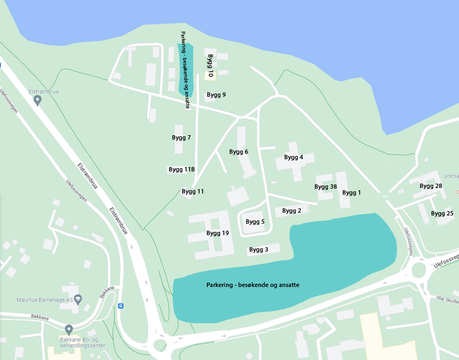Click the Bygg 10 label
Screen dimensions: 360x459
(x=210, y=66)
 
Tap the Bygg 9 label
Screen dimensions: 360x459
(x=216, y=95)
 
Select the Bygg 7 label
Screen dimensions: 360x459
(x=181, y=138)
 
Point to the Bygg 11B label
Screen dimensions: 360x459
(x=182, y=169)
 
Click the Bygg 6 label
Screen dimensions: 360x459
(x=239, y=152)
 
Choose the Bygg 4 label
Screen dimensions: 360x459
(x=294, y=157)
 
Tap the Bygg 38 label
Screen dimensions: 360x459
(x=326, y=187)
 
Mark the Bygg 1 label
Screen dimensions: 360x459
(x=351, y=193)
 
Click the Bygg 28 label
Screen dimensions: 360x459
(x=431, y=186)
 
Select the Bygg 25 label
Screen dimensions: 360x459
(x=442, y=213)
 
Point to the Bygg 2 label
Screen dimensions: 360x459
(x=292, y=211)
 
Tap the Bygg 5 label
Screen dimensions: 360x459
(x=255, y=222)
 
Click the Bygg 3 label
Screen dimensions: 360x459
(x=259, y=250)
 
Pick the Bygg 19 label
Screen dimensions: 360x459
(x=218, y=233)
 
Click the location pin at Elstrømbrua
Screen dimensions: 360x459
(x=38, y=101)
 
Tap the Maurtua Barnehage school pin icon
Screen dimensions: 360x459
(x=78, y=299)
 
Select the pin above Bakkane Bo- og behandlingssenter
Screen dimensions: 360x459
(x=69, y=329)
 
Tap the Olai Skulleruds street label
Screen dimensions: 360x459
(x=447, y=300)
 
